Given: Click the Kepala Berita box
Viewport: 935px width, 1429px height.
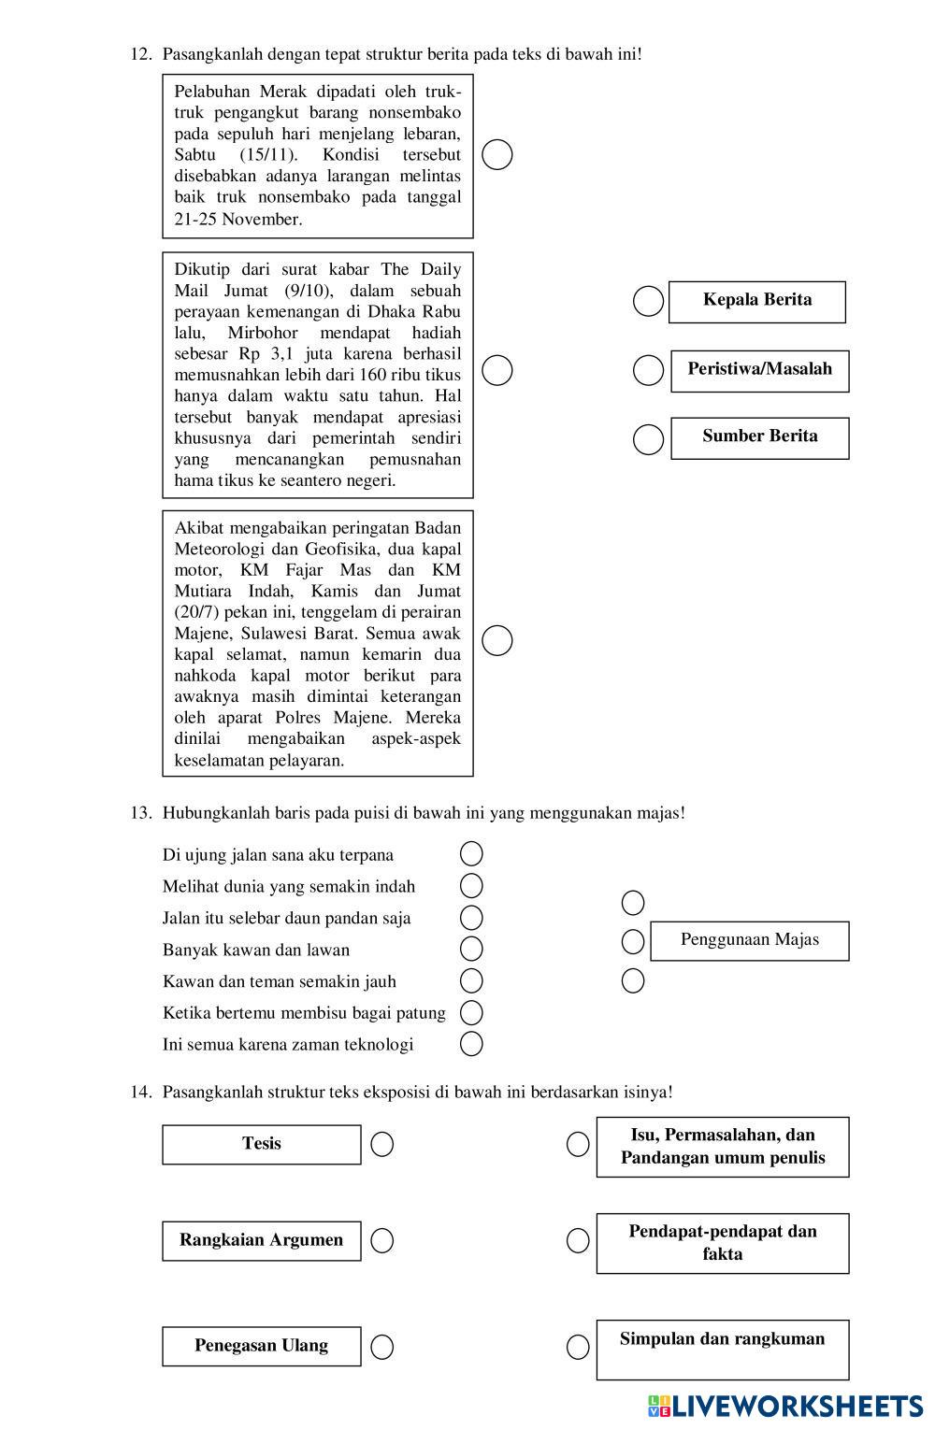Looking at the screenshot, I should point(756,302).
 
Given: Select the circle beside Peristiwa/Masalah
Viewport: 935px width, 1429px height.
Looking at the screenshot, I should point(648,370).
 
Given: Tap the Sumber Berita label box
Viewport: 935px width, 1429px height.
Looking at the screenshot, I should point(759,437).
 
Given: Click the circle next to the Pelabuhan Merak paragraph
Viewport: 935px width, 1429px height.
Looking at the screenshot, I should point(496,154).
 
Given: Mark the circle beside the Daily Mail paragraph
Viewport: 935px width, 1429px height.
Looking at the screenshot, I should point(496,370).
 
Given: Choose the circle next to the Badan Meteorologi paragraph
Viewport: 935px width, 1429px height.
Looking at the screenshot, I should point(496,640).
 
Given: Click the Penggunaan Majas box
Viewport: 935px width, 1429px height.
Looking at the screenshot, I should point(749,941).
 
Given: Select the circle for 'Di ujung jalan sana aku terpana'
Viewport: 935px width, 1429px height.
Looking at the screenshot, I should point(471,853).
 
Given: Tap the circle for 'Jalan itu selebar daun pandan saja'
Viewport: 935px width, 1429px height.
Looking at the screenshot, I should point(471,917).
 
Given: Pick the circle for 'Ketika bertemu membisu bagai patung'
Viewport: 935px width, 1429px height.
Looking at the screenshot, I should point(471,1012).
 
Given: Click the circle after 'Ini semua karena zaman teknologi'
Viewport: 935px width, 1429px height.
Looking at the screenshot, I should point(471,1044).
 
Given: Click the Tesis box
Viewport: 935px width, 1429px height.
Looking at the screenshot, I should point(261,1144).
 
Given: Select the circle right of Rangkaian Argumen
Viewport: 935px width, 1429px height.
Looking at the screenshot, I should point(381,1241).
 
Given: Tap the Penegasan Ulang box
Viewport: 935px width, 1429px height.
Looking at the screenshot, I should point(261,1347).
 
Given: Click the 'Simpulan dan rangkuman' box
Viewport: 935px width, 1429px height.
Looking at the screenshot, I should point(722,1349).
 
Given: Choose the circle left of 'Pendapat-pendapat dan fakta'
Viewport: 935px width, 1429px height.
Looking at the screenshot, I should point(578,1241).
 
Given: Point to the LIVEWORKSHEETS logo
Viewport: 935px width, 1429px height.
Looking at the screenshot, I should point(784,1407).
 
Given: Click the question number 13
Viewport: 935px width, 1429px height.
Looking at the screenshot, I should point(140,813).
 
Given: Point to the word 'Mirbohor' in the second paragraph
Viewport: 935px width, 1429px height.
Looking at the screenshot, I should point(263,333).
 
